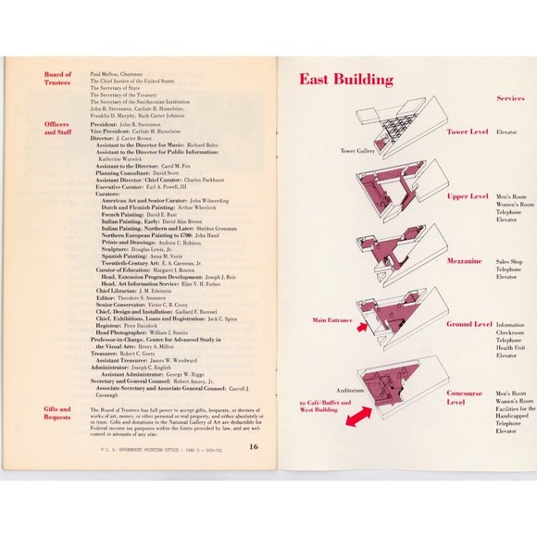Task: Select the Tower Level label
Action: (x=468, y=131)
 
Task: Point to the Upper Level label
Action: (x=468, y=196)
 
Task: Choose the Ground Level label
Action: (x=469, y=325)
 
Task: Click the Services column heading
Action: (x=511, y=97)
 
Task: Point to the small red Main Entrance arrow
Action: (x=362, y=327)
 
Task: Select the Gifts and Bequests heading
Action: (x=57, y=412)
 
